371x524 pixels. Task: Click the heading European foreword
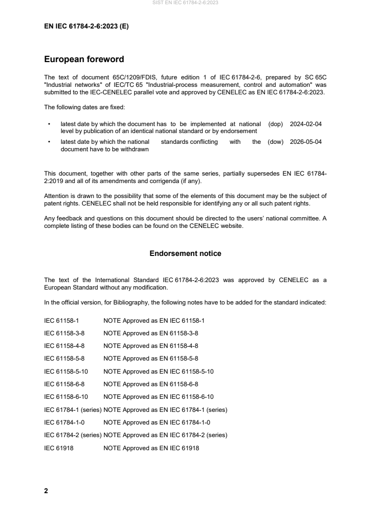pyautogui.click(x=84, y=59)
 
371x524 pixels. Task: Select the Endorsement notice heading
pyautogui.click(x=185, y=254)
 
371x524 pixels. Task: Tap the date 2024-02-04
pyautogui.click(x=306, y=124)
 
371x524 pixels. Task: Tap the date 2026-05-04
pyautogui.click(x=306, y=142)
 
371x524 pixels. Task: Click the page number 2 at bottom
pyautogui.click(x=46, y=491)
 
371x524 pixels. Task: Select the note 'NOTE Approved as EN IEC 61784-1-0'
pyautogui.click(x=157, y=423)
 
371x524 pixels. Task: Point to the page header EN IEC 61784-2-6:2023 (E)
pyautogui.click(x=86, y=27)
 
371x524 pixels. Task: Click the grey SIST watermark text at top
pyautogui.click(x=185, y=3)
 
